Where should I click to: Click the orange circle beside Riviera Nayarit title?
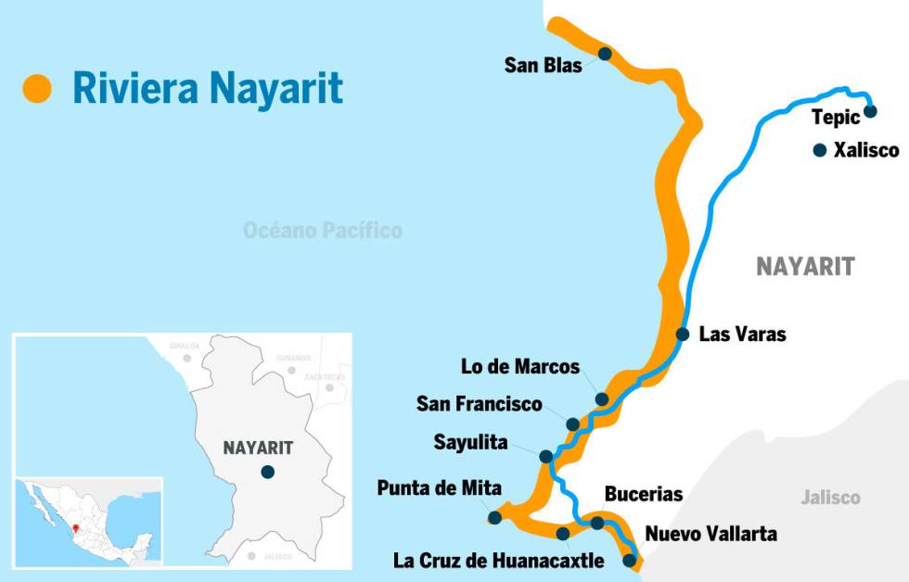38,88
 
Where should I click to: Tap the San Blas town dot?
605,54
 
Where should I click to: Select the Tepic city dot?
870,112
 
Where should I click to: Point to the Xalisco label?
866,149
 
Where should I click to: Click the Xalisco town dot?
819,149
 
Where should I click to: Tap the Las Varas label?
742,334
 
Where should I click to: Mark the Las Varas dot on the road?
683,334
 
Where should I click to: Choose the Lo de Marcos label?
520,366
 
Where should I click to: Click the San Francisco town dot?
573,424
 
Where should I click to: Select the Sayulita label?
471,442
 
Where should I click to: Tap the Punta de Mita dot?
494,517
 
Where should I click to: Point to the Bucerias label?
644,494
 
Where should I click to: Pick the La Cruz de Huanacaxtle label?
499,561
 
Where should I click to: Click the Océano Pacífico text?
323,230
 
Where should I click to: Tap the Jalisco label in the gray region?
831,498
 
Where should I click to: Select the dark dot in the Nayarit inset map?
267,472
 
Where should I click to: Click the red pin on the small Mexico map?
75,530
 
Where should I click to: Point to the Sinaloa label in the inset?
185,346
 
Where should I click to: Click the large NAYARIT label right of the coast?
805,267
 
